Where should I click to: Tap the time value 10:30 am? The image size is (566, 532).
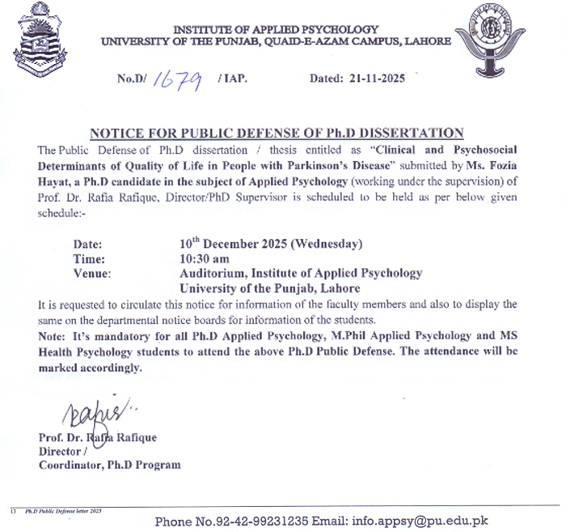tap(204, 259)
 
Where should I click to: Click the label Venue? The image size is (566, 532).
tap(92, 274)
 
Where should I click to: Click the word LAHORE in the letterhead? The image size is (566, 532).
tap(428, 41)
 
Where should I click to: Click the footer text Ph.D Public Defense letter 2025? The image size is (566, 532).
tap(64, 513)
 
